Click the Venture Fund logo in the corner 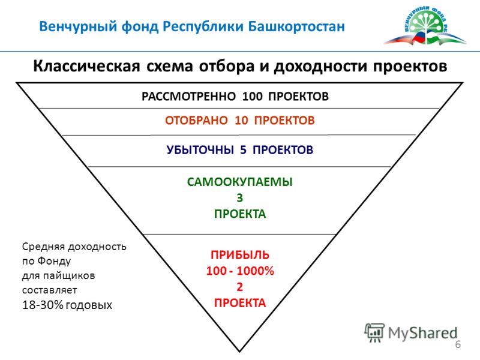point(425,26)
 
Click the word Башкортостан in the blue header point(296,26)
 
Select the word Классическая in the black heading point(86,66)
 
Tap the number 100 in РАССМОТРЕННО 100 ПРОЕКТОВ point(252,97)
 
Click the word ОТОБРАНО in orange point(196,121)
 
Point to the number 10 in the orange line point(241,121)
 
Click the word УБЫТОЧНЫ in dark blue point(200,149)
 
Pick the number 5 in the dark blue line point(244,149)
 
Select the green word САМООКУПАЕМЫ point(239,182)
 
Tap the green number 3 point(239,198)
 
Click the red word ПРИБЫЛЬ point(239,255)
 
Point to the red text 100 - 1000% point(240,271)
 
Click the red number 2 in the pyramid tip point(239,287)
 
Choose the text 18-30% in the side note point(43,305)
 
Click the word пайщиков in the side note point(69,276)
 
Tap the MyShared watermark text point(422,333)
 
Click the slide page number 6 point(458,344)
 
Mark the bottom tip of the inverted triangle point(239,352)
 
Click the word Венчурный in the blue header point(79,26)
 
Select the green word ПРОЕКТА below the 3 point(239,214)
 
